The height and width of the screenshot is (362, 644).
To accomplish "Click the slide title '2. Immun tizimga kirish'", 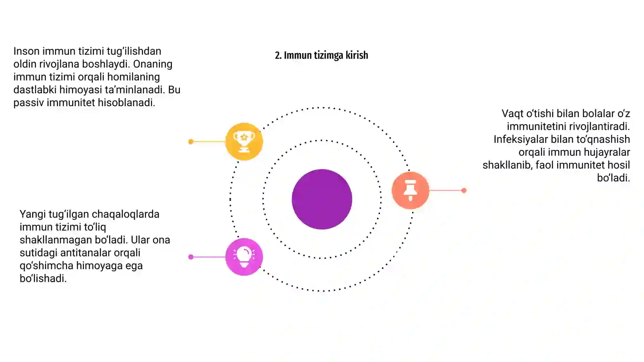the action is (x=322, y=55).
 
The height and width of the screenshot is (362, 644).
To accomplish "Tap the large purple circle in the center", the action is (x=322, y=199).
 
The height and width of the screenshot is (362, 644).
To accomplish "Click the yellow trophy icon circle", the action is (x=244, y=141).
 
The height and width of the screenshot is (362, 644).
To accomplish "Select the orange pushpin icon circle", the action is (x=410, y=190).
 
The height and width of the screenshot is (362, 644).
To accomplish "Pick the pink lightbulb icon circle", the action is (x=244, y=257).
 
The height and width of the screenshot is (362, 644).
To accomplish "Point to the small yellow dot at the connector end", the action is (x=191, y=141).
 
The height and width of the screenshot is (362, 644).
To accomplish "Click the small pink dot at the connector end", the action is (x=191, y=257).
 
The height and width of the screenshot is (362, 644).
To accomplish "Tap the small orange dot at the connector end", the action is (x=464, y=190).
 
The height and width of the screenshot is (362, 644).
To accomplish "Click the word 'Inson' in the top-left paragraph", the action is (x=27, y=51).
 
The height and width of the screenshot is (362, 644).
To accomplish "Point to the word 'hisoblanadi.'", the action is (x=126, y=103).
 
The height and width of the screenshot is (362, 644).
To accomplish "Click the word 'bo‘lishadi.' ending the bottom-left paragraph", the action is (x=43, y=278).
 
